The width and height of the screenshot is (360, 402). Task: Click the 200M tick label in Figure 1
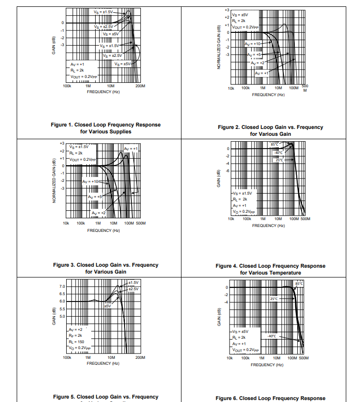140,86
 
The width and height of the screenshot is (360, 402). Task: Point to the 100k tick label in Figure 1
68,86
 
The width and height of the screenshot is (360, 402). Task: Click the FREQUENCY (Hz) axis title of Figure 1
103,92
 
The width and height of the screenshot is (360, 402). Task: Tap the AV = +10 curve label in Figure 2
254,44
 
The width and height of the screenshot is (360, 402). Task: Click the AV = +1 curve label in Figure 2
261,73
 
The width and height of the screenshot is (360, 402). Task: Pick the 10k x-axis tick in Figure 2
231,88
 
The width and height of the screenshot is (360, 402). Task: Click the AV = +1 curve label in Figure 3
131,149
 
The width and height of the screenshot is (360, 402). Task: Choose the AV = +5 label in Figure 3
95,197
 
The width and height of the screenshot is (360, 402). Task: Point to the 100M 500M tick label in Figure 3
135,223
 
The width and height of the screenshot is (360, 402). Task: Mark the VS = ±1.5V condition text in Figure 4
243,193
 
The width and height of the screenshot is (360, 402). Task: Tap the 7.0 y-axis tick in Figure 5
62,286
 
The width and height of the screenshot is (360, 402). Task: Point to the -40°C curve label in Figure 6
272,336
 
